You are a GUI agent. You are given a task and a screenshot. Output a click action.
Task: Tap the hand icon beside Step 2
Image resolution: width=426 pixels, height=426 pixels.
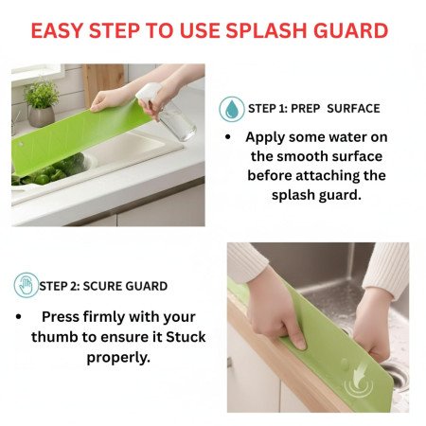[x=27, y=285]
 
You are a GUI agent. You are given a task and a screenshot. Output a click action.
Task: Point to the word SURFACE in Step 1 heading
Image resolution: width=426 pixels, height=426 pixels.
[x=351, y=109]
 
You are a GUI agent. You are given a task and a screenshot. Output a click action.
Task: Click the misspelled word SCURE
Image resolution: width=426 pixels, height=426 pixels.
[x=108, y=286]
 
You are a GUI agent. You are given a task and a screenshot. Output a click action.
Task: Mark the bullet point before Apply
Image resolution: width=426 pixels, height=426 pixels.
[x=229, y=137]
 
